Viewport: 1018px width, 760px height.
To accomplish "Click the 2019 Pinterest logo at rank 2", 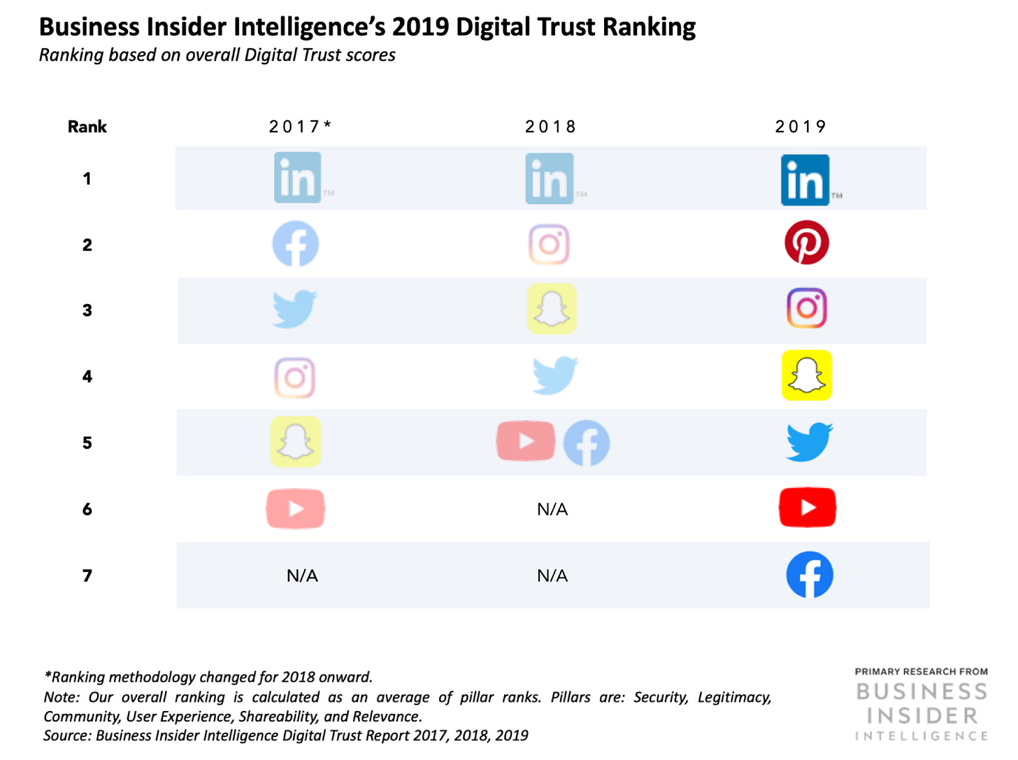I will click(806, 243).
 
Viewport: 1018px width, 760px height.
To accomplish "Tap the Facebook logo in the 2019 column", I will click(809, 575).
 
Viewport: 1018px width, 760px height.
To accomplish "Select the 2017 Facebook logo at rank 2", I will click(295, 244).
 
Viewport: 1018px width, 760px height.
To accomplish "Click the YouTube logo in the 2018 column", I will click(526, 441).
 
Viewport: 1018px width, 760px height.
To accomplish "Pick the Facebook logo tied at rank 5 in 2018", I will click(586, 443).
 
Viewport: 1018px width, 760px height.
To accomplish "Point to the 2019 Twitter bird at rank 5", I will click(808, 442).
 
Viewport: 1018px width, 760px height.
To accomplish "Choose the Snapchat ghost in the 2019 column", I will click(806, 375).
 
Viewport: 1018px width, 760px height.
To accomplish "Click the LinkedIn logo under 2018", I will click(550, 179).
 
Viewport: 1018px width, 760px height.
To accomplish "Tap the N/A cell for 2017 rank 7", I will click(302, 575).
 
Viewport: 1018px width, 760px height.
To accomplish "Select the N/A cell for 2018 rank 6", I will click(552, 510).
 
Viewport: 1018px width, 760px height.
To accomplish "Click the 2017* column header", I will click(300, 127).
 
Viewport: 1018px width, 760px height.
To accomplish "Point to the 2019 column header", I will click(801, 127).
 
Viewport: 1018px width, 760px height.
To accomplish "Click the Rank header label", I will click(87, 127).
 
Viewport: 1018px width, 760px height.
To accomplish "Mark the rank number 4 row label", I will click(87, 377).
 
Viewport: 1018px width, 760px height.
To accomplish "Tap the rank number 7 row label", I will click(87, 575).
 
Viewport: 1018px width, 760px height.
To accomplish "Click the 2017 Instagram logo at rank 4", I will click(294, 378).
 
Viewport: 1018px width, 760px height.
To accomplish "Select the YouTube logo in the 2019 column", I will click(807, 508).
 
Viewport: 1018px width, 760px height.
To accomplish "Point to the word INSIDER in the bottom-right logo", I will click(922, 716).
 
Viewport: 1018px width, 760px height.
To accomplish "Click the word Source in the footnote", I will click(66, 736).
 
